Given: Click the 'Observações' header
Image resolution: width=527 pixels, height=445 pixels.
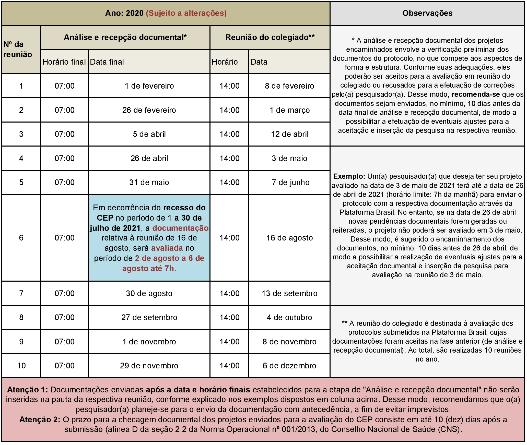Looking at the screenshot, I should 427,13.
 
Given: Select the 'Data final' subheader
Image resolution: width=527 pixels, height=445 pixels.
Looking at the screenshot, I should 107,62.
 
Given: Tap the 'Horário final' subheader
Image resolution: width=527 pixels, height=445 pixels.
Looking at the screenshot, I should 64,62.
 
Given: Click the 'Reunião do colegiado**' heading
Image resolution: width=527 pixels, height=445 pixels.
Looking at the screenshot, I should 270,38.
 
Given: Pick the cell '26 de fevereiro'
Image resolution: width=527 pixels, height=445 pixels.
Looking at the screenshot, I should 149,110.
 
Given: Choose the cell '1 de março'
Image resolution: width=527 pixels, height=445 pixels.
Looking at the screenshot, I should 289,110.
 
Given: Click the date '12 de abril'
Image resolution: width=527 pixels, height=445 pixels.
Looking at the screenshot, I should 289,134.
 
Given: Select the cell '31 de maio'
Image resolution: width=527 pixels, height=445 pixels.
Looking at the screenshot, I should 149,182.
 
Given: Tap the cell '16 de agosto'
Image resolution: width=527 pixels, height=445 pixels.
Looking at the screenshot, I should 289,238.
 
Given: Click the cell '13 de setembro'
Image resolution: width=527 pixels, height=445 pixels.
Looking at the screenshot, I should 289,293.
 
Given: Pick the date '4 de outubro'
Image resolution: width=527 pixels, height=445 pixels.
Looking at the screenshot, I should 289,317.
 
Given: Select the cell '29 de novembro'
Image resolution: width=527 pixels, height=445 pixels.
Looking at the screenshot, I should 149,366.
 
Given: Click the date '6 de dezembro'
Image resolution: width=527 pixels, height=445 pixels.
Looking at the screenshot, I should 289,366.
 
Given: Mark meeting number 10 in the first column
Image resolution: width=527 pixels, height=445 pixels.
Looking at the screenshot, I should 21,366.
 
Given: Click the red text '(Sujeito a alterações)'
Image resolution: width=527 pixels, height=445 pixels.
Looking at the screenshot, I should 186,13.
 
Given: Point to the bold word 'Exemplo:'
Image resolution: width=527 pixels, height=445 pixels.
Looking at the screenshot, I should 349,176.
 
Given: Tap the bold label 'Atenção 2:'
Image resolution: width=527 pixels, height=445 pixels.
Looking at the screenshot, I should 40,419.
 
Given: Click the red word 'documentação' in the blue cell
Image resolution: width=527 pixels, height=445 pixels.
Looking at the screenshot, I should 180,228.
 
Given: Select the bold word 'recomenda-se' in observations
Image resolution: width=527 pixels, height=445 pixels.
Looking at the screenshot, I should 476,94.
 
